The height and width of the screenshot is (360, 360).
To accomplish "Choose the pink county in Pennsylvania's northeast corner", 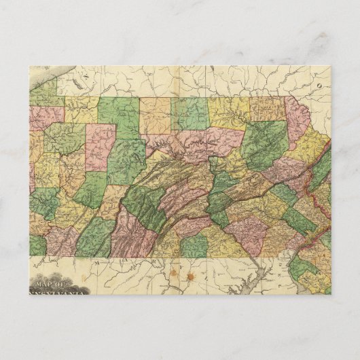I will point(296,120).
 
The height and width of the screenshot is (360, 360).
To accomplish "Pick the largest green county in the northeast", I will point(266,143).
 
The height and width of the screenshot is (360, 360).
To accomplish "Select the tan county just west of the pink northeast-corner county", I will point(266,109).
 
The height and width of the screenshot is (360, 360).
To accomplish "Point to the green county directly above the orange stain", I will point(194,245).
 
